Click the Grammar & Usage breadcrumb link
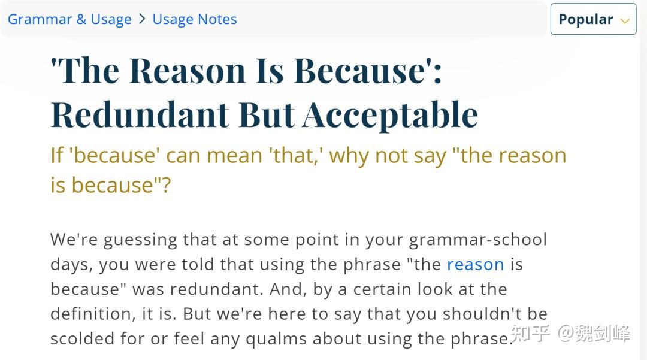click(x=69, y=19)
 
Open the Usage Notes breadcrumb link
click(x=195, y=19)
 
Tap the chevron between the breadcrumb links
click(x=142, y=19)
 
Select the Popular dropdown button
click(x=593, y=19)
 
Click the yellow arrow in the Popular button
click(x=625, y=20)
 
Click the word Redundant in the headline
click(x=139, y=114)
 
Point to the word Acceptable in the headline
click(x=389, y=114)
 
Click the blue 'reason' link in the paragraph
click(x=475, y=264)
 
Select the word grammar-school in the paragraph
click(x=478, y=240)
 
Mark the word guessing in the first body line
click(x=141, y=240)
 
